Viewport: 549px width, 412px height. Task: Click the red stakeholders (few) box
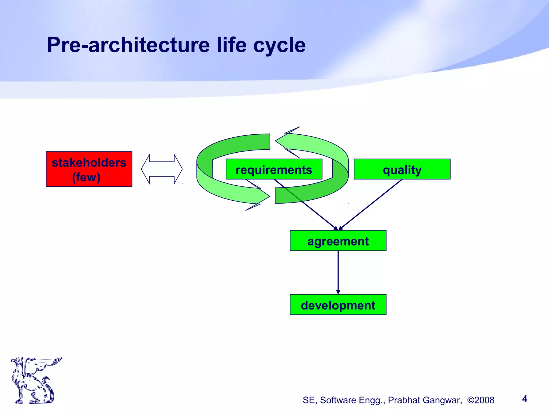(89, 169)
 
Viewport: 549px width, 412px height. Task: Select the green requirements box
(274, 169)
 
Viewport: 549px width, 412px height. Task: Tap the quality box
(402, 169)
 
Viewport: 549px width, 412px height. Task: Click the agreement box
(338, 241)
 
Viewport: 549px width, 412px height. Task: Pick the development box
(338, 305)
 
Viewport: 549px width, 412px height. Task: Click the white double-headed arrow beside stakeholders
(162, 169)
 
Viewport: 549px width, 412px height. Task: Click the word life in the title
(232, 45)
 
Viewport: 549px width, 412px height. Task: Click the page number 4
(525, 399)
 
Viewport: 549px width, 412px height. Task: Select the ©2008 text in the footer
(481, 400)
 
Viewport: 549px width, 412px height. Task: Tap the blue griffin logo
(35, 380)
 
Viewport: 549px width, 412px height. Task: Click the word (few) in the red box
(86, 177)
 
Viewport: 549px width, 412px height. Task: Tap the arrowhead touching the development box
(338, 292)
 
